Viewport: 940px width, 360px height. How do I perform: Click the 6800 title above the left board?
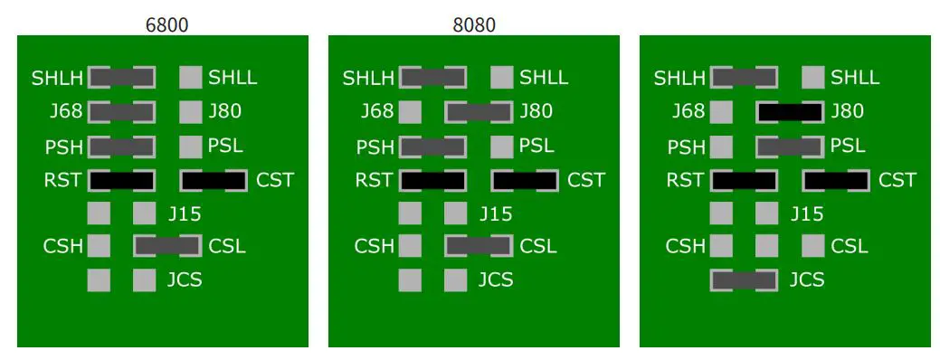pos(167,25)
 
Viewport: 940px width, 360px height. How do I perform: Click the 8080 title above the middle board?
pos(474,25)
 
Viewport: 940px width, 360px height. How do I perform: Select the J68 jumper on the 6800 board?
pos(121,112)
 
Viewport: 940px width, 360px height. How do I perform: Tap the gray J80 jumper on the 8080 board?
pos(479,112)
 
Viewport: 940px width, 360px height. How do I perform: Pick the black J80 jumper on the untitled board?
pos(790,112)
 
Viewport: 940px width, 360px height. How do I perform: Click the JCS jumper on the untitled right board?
pos(744,280)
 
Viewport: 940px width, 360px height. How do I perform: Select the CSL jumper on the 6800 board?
pos(167,246)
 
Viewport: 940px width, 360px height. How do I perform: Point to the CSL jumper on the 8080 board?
pos(479,246)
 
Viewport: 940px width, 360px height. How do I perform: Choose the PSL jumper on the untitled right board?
pos(790,146)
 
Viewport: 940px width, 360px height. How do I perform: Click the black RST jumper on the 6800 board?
pos(121,180)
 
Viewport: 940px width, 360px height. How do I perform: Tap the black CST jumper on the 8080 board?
pos(525,180)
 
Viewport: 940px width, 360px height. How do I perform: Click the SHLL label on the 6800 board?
pos(233,78)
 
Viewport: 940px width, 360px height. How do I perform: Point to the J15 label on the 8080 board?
pos(495,214)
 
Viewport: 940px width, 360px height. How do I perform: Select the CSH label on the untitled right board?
pos(685,246)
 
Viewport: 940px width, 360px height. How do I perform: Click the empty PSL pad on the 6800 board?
pos(190,146)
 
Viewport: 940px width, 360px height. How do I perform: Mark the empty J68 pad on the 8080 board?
pos(410,112)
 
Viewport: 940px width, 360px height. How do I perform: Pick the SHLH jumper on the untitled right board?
pos(744,78)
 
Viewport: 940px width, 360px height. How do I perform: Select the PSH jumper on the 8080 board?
pos(432,146)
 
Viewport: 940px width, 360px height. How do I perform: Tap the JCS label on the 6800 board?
pos(185,280)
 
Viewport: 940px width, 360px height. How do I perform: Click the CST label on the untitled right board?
pos(897,180)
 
